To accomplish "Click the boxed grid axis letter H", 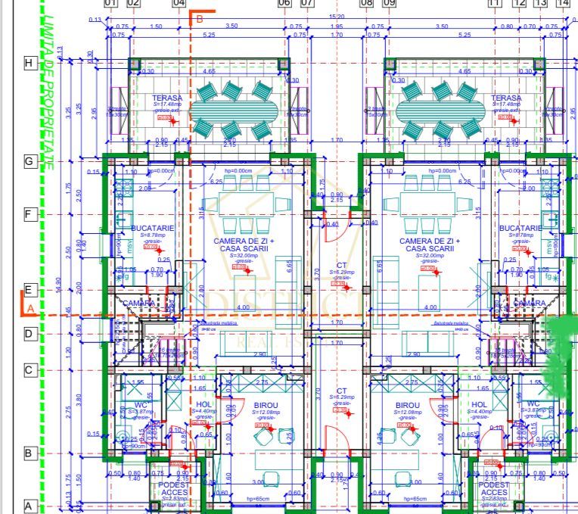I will (30, 63).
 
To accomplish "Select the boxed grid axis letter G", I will (30, 161).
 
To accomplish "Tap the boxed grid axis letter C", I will (30, 370).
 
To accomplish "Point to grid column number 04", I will (179, 3).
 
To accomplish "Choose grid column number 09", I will (390, 3).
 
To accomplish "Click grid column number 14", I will (562, 3).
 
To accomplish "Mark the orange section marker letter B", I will (200, 19).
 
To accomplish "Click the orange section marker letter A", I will (30, 309).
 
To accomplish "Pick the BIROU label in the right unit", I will (407, 406).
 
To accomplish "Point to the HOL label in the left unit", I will (204, 404).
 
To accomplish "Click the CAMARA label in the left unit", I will (138, 303).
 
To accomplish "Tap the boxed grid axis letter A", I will (30, 506).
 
